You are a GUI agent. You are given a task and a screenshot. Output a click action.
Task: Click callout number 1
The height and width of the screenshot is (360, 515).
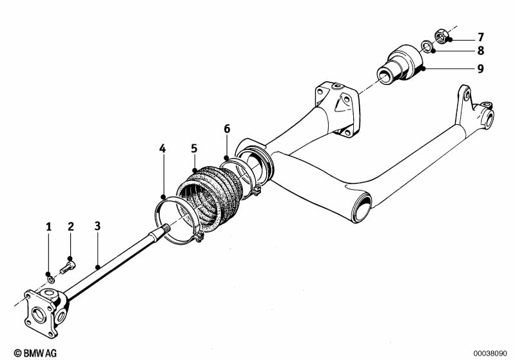pos(48,227)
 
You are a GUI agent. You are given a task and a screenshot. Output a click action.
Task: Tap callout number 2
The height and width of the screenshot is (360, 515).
pos(71,227)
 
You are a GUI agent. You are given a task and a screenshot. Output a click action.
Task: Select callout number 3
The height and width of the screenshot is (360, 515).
pos(97,226)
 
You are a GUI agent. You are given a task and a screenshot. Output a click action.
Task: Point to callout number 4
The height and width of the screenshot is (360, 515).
pos(162,149)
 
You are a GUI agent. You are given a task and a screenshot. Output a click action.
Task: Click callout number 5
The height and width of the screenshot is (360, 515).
pos(194,148)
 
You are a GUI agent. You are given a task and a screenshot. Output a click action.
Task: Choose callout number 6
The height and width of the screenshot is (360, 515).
pos(227,129)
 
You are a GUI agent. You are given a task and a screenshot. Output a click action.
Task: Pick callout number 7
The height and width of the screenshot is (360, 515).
pos(480,37)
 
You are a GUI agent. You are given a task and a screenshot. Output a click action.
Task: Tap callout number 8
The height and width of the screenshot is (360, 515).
pos(480,51)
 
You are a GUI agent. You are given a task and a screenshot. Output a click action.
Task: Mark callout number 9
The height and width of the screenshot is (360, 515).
pos(480,69)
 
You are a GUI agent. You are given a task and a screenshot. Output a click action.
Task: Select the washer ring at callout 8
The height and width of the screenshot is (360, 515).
pos(427,46)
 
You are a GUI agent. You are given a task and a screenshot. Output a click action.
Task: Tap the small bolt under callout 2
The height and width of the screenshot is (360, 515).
pos(68,267)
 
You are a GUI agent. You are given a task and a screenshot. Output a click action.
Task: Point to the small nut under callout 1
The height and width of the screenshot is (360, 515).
pos(50,279)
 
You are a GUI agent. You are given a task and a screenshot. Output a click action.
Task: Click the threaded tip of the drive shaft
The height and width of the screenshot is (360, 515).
pos(166,227)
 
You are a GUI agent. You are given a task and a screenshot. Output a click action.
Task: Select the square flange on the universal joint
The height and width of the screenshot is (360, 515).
pos(39,314)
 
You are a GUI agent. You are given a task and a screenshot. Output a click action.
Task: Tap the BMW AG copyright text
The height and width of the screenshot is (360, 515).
pos(35,353)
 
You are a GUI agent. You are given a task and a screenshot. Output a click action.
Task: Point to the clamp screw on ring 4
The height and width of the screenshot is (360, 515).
pos(199,236)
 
